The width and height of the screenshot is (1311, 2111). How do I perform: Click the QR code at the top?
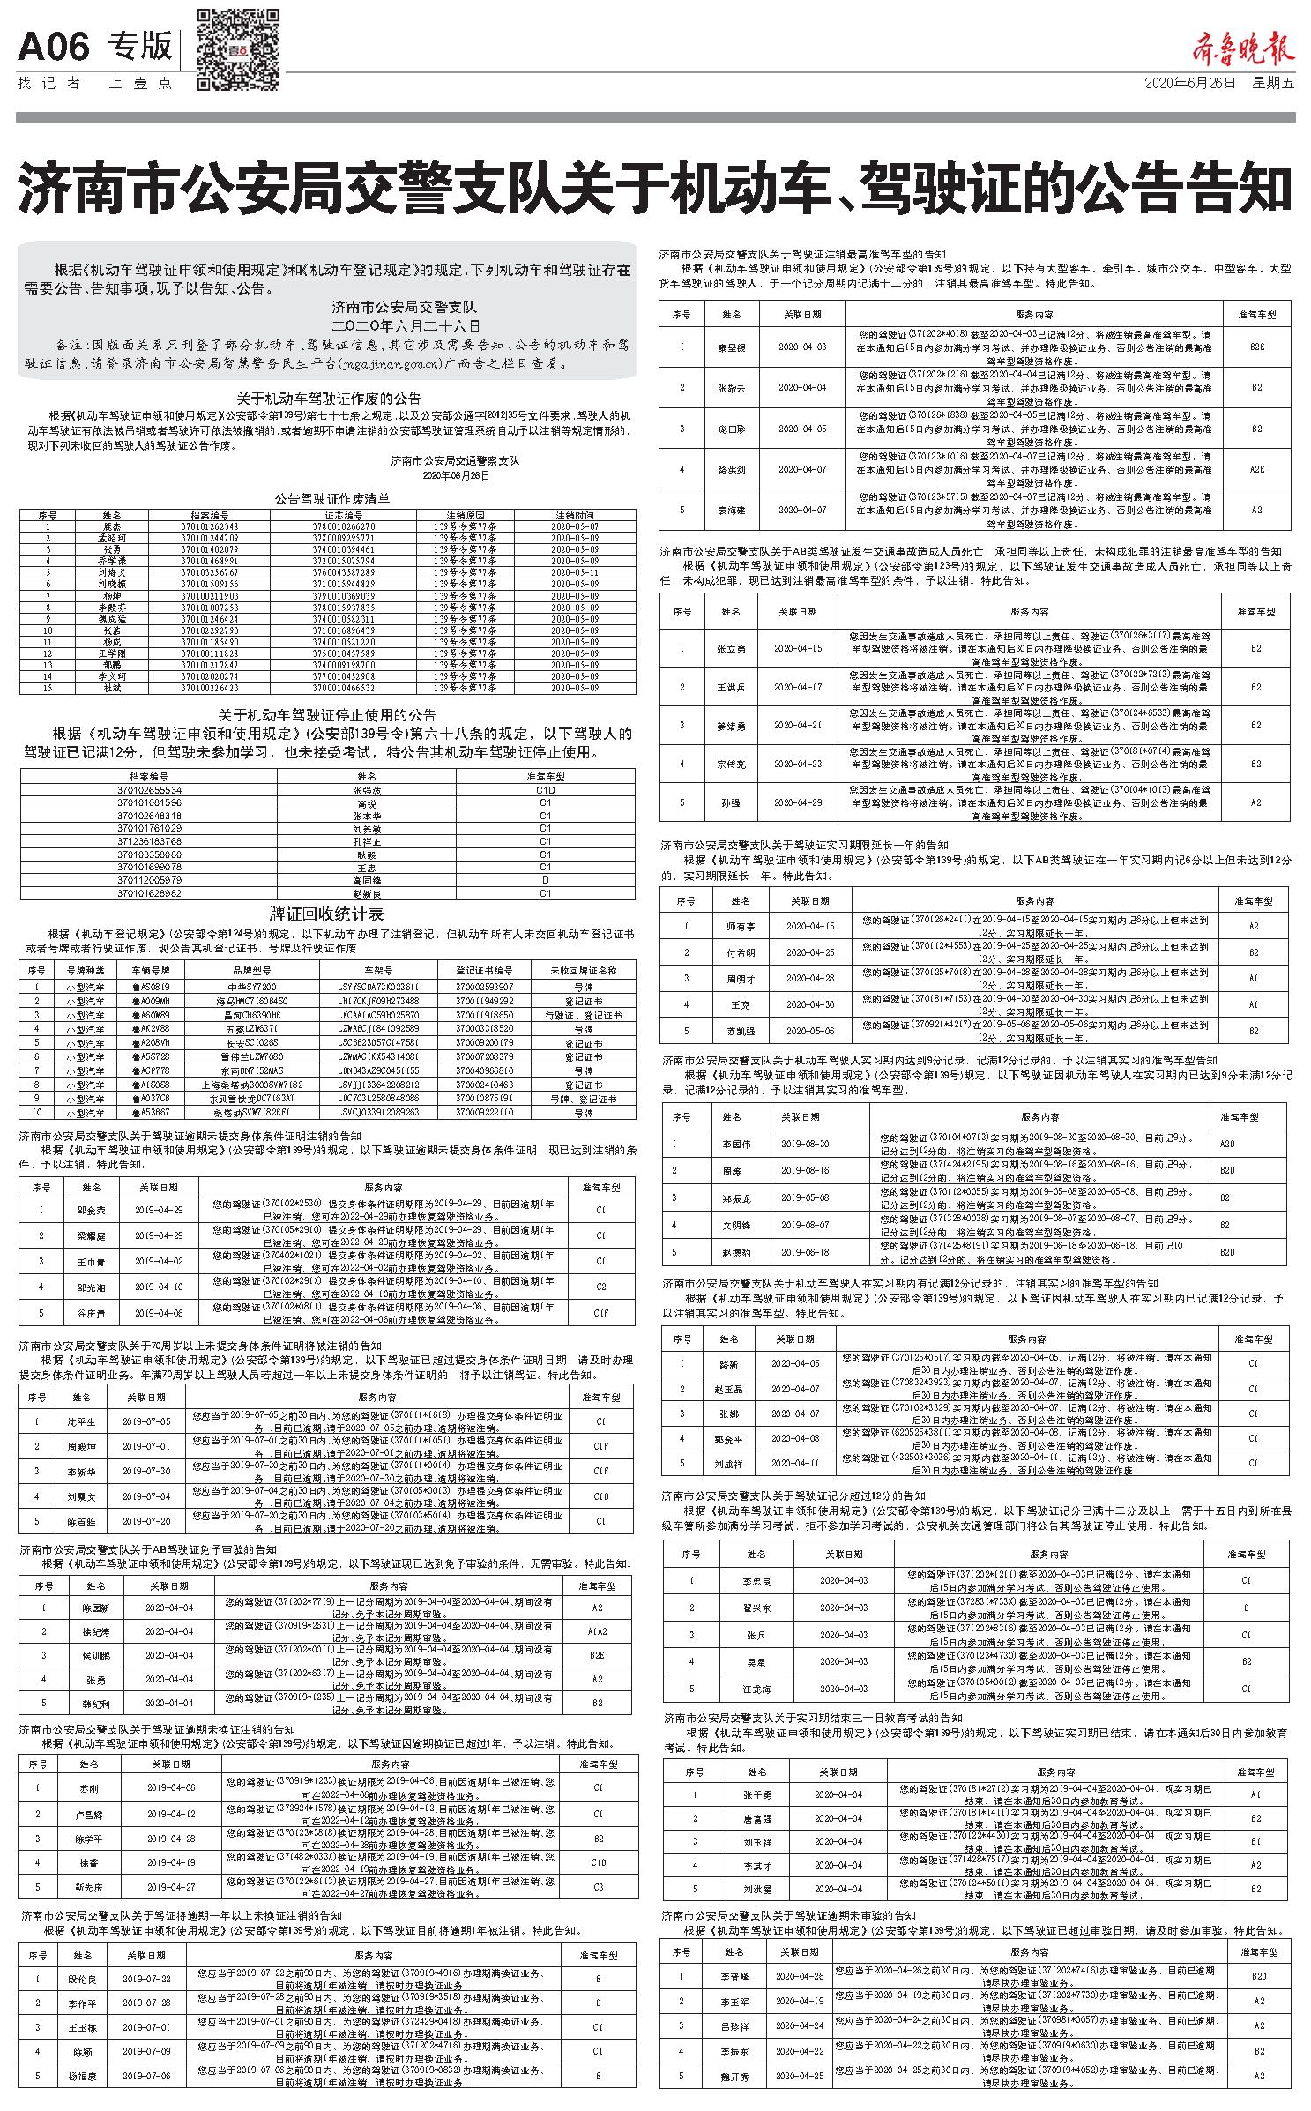[x=237, y=49]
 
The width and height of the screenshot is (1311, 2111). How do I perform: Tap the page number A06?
[x=54, y=47]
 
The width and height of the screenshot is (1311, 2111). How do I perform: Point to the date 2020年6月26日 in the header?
[x=1189, y=84]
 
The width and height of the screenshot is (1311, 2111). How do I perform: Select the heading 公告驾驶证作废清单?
[x=331, y=499]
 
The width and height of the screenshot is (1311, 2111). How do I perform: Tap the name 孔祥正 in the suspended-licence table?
[x=366, y=841]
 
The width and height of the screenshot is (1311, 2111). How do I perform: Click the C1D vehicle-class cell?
[x=545, y=791]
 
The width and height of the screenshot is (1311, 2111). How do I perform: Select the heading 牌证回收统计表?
[x=326, y=914]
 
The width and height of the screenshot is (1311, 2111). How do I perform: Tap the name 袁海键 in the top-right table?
[x=731, y=511]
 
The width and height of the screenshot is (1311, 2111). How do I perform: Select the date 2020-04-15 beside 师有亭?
[x=808, y=926]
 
